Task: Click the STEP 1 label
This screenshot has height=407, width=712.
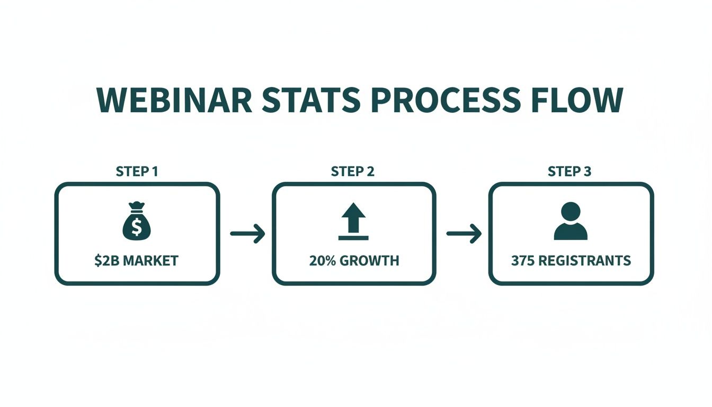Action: tap(137, 172)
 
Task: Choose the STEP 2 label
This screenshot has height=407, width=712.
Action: tap(353, 172)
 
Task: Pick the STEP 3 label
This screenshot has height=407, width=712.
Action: tap(569, 172)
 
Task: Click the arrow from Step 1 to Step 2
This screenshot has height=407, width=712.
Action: tap(247, 234)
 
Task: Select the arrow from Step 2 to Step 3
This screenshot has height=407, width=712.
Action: tap(464, 234)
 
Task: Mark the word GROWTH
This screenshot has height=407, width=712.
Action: tap(369, 261)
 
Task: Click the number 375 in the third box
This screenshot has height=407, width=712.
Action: tap(522, 261)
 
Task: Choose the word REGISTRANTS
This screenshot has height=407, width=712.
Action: tap(584, 261)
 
